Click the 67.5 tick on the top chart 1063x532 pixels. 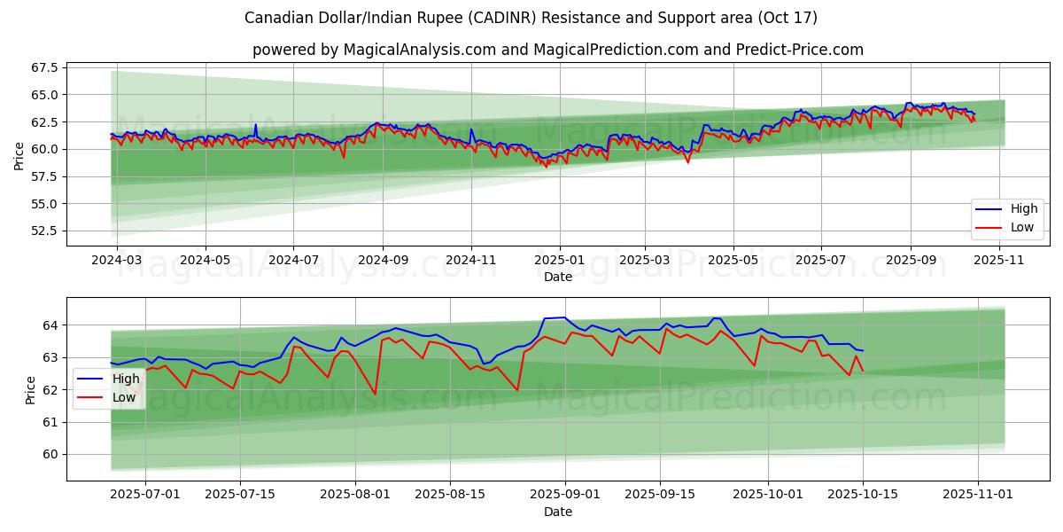43,67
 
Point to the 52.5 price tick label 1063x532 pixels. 43,231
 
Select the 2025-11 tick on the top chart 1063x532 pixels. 997,261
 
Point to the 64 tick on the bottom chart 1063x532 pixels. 50,325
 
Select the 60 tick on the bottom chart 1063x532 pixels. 50,454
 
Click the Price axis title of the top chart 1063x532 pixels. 19,156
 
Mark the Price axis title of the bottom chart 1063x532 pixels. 31,390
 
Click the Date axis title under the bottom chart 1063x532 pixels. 558,512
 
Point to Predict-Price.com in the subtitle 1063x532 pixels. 795,50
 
